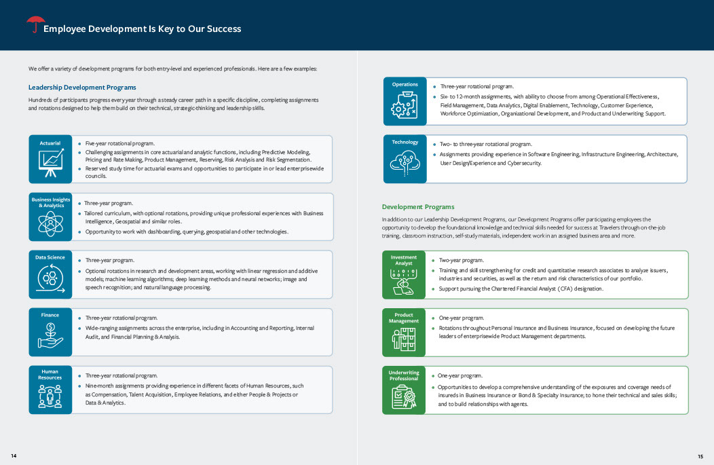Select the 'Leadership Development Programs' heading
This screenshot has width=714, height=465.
[82, 88]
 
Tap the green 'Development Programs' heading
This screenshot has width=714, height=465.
[418, 206]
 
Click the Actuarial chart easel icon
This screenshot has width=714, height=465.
[50, 164]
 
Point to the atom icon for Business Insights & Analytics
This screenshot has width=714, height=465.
[50, 223]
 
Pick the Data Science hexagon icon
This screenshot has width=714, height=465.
[50, 279]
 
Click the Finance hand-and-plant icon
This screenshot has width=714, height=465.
[50, 336]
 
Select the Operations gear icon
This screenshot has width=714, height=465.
[405, 106]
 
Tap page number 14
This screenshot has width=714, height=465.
[14, 455]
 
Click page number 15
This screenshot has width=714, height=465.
[700, 455]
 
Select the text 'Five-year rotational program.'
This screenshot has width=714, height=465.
[120, 144]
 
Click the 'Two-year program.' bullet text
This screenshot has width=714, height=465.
[462, 260]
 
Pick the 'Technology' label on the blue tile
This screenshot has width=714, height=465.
[405, 142]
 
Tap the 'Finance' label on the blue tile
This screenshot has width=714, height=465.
[50, 315]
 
